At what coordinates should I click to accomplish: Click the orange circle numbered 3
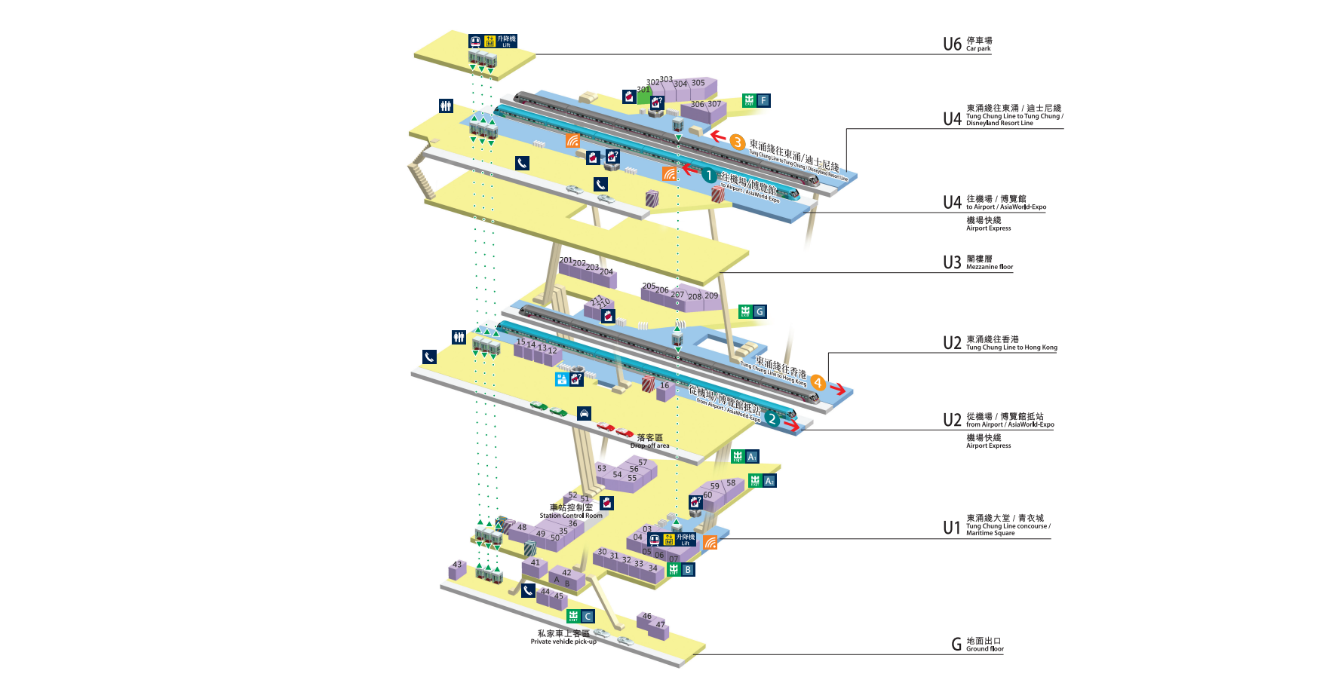737,142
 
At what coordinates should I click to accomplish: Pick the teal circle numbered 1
708,176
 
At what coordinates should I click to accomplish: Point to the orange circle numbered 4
818,383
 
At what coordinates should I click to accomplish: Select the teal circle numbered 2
772,419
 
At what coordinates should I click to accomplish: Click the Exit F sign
756,100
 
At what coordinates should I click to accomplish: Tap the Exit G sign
752,311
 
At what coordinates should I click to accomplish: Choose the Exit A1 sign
744,457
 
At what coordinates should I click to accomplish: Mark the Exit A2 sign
762,481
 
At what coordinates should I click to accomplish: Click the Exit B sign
680,569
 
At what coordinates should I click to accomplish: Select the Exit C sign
580,617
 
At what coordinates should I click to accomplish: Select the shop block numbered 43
457,570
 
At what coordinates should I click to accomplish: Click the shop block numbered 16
664,390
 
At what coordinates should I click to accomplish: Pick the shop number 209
711,296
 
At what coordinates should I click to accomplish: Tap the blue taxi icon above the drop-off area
584,414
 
